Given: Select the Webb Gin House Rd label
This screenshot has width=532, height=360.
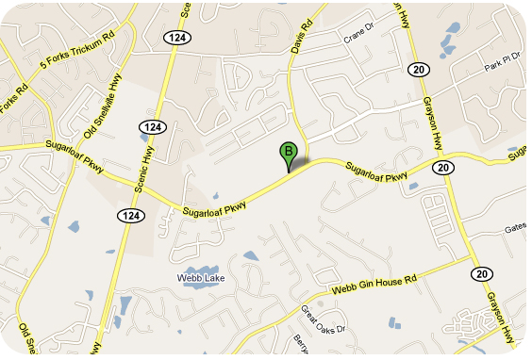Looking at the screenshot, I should [x=374, y=284].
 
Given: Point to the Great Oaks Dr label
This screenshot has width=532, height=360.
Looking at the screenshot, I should [x=324, y=319].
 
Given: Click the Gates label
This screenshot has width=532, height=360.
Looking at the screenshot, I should [x=515, y=229].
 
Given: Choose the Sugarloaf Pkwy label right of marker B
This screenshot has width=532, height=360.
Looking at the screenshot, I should [x=376, y=171].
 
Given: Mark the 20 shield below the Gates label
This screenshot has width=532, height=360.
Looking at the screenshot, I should [x=483, y=273].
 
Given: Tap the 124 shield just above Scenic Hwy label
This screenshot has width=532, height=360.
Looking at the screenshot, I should [x=150, y=126].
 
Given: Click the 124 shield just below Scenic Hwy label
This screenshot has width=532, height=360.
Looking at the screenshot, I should [x=131, y=216].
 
